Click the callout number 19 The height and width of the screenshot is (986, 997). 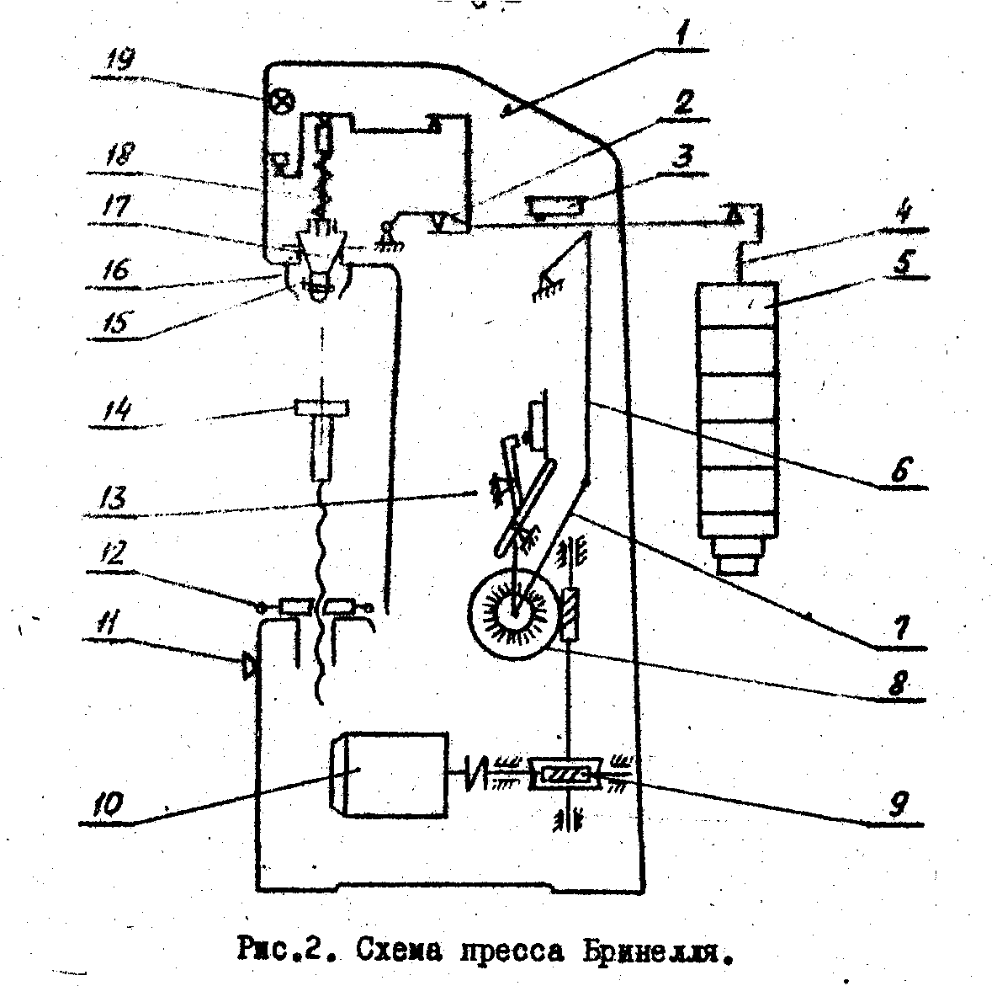[120, 61]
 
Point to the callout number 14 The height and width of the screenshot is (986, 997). [119, 408]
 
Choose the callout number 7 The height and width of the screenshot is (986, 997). [902, 628]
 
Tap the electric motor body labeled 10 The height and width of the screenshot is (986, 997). [388, 775]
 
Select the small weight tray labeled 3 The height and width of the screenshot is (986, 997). [555, 207]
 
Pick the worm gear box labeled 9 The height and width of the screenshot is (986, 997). [565, 775]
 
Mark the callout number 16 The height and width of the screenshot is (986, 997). [117, 270]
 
